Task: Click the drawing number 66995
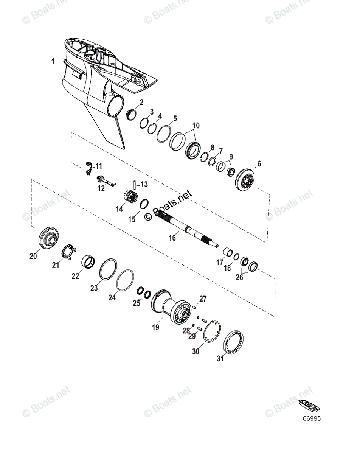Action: point(311,419)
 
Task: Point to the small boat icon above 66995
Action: point(309,406)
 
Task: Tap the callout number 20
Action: point(33,257)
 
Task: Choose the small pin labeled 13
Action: point(135,184)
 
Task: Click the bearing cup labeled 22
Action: point(90,261)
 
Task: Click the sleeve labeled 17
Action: point(228,252)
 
